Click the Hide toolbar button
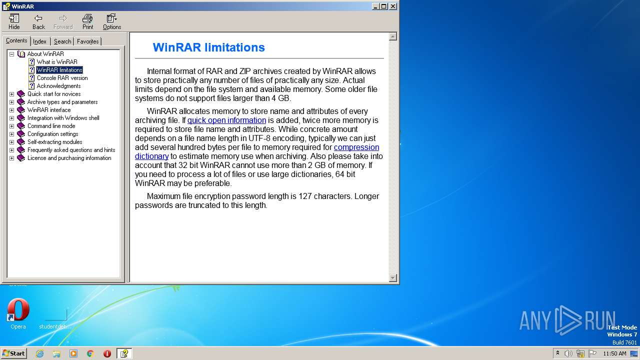(14, 21)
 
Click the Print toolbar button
(87, 21)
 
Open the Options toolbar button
(111, 21)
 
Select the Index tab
(39, 41)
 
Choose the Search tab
(62, 41)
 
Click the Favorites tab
(88, 41)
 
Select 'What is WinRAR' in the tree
(56, 62)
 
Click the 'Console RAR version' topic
(62, 78)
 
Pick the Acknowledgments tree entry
(58, 86)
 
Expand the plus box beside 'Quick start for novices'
(11, 94)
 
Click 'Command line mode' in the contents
(51, 126)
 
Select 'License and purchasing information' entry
(69, 158)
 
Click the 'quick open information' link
(226, 120)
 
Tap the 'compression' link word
(356, 147)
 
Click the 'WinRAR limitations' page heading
(208, 47)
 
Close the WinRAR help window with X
(393, 6)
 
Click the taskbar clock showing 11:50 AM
(614, 353)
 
